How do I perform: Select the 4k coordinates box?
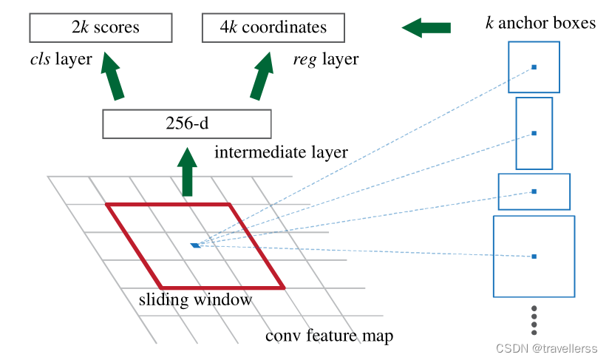pyautogui.click(x=273, y=28)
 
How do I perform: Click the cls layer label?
pyautogui.click(x=57, y=60)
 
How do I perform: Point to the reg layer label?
pyautogui.click(x=325, y=60)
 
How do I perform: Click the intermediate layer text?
pyautogui.click(x=281, y=153)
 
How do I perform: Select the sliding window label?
pyautogui.click(x=196, y=300)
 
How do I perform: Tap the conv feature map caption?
pyautogui.click(x=329, y=336)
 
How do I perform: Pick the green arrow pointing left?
pyautogui.click(x=426, y=28)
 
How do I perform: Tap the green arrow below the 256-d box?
pyautogui.click(x=188, y=171)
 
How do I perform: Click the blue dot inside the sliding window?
pyautogui.click(x=195, y=245)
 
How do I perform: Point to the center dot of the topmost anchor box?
pyautogui.click(x=534, y=67)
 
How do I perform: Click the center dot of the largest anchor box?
pyautogui.click(x=534, y=257)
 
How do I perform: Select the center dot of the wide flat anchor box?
pyautogui.click(x=534, y=191)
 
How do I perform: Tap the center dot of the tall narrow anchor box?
pyautogui.click(x=534, y=134)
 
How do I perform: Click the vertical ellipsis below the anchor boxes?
pyautogui.click(x=534, y=320)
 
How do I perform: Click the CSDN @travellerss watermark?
pyautogui.click(x=547, y=349)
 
